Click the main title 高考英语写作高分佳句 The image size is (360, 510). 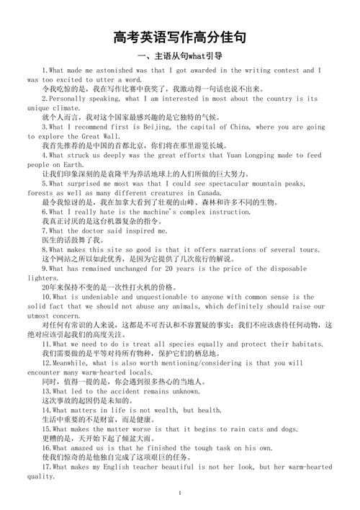tap(180, 37)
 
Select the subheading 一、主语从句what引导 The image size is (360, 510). tap(179, 55)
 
